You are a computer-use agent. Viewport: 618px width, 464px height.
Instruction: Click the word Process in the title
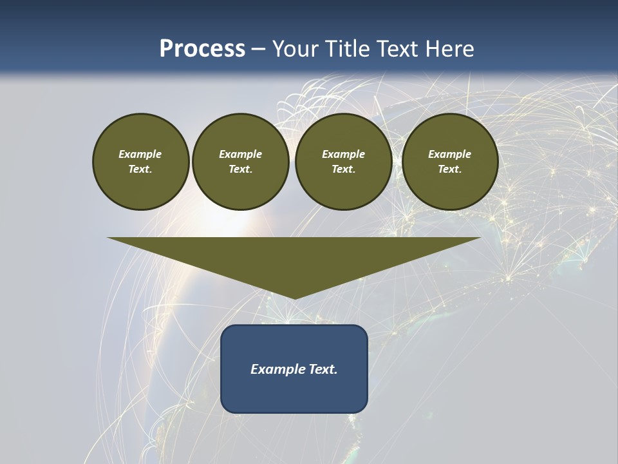(202, 49)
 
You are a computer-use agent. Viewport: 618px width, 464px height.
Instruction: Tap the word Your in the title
(295, 49)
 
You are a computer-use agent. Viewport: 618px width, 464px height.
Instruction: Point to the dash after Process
(259, 50)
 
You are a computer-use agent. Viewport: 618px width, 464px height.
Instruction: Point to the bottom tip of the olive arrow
(294, 298)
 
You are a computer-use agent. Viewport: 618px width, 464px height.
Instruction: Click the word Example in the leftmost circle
(140, 154)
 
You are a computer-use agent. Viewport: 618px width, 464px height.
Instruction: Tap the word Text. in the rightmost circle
(450, 169)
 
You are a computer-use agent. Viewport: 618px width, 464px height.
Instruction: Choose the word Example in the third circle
(343, 154)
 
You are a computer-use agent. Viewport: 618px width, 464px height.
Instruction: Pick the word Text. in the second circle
(241, 169)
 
